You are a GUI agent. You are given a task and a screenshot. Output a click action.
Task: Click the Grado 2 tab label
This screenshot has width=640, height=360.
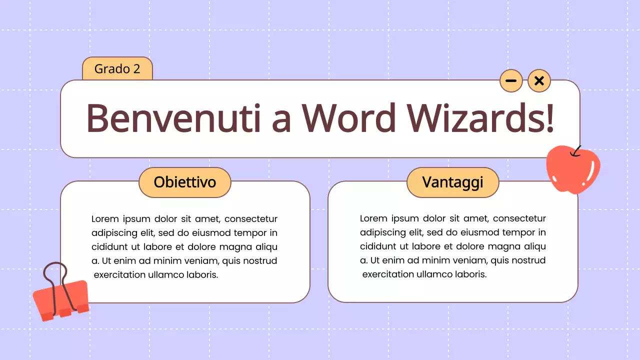[x=117, y=69]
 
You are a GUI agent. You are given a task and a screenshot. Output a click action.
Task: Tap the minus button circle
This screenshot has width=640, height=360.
[x=511, y=81]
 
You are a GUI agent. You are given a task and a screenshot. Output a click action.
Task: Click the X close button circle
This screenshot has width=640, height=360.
[x=539, y=81]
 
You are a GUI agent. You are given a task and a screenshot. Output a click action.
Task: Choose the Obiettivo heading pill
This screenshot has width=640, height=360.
[x=184, y=182]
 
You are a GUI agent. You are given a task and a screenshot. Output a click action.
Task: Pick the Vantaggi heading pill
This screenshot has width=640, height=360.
[x=452, y=182]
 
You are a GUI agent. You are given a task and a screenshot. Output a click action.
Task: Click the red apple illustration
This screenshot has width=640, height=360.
[x=573, y=170]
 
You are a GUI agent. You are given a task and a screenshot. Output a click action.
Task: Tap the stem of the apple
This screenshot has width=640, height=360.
[x=577, y=150]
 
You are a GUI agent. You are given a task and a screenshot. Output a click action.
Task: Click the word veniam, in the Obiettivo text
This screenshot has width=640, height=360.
[x=198, y=261]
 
